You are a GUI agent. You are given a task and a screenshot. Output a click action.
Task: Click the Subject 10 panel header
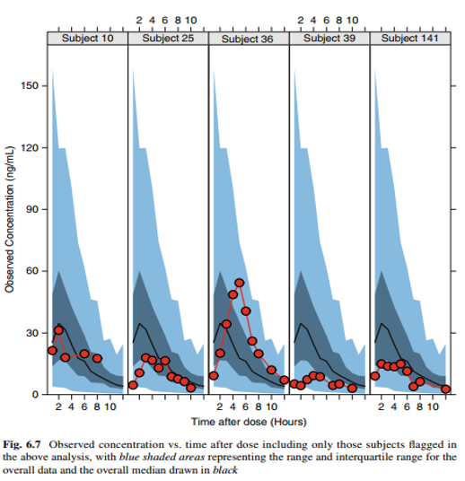[x=87, y=39]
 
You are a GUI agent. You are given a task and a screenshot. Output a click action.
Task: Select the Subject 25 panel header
[x=168, y=39]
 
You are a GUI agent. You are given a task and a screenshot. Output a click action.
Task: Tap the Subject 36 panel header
[x=249, y=39]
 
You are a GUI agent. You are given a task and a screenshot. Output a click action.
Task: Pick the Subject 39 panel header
[x=329, y=39]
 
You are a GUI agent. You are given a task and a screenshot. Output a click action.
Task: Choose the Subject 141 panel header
[x=410, y=39]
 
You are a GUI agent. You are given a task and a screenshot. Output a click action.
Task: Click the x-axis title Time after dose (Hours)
[x=248, y=421]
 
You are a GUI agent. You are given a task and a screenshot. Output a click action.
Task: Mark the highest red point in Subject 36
[x=240, y=284]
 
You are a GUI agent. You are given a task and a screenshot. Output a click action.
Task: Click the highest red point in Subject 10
[x=59, y=330]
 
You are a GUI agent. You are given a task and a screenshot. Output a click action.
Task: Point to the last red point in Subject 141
[x=445, y=389]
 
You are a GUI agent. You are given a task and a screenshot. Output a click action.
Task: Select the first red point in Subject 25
[x=133, y=385]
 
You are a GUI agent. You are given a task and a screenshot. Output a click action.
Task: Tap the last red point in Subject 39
[x=353, y=389]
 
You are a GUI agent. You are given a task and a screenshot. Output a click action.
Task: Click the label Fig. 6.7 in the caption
[x=24, y=444]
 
